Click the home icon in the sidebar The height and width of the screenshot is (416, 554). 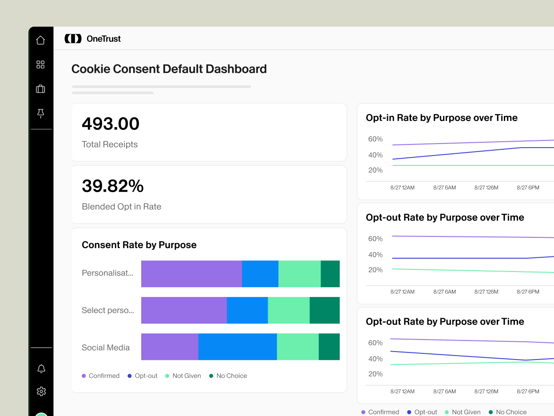[x=40, y=40]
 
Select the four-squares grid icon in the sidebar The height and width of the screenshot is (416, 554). [x=40, y=65]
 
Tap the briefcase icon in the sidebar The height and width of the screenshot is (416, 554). [x=40, y=89]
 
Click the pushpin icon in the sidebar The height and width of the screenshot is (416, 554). [x=40, y=114]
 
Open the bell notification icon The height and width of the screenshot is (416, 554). [x=41, y=368]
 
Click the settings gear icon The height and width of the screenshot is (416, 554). [x=41, y=391]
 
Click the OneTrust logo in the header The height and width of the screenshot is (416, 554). [x=93, y=39]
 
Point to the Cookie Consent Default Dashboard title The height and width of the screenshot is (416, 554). [x=169, y=69]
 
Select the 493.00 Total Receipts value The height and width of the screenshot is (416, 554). [x=111, y=124]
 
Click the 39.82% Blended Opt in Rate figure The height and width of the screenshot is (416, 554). [x=113, y=186]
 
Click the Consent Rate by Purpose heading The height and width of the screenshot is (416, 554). [x=139, y=245]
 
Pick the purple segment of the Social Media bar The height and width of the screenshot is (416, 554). [x=170, y=347]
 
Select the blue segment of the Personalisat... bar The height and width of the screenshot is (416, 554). [x=260, y=274]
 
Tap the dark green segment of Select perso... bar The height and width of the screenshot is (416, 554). [x=324, y=310]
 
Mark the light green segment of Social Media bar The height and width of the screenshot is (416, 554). [x=297, y=347]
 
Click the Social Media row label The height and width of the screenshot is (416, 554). [x=106, y=348]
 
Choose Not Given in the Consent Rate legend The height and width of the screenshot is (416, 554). [x=186, y=376]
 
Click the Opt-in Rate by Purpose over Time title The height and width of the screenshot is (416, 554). [x=441, y=118]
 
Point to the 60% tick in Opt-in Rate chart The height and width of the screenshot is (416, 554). [x=375, y=139]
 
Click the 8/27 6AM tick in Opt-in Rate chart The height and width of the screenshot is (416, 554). [x=444, y=188]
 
